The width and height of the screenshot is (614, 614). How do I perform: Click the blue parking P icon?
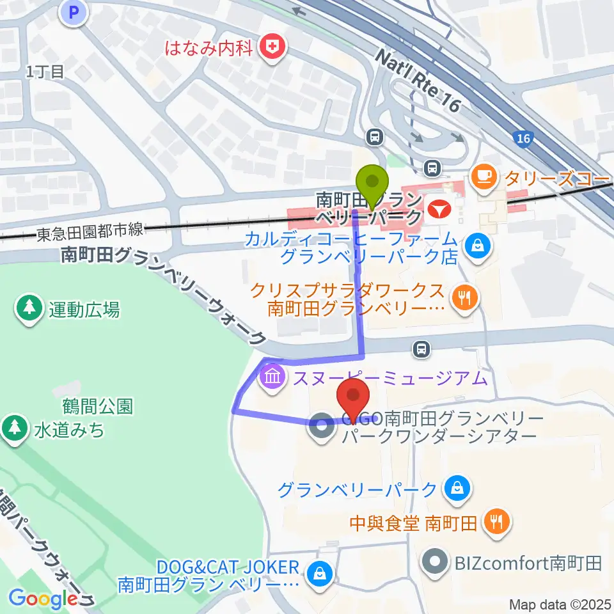point(75,12)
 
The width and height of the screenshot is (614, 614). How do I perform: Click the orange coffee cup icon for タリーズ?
point(484,175)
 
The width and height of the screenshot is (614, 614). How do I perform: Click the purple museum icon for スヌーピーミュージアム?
point(273,377)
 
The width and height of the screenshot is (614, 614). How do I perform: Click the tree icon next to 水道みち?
point(13,427)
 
